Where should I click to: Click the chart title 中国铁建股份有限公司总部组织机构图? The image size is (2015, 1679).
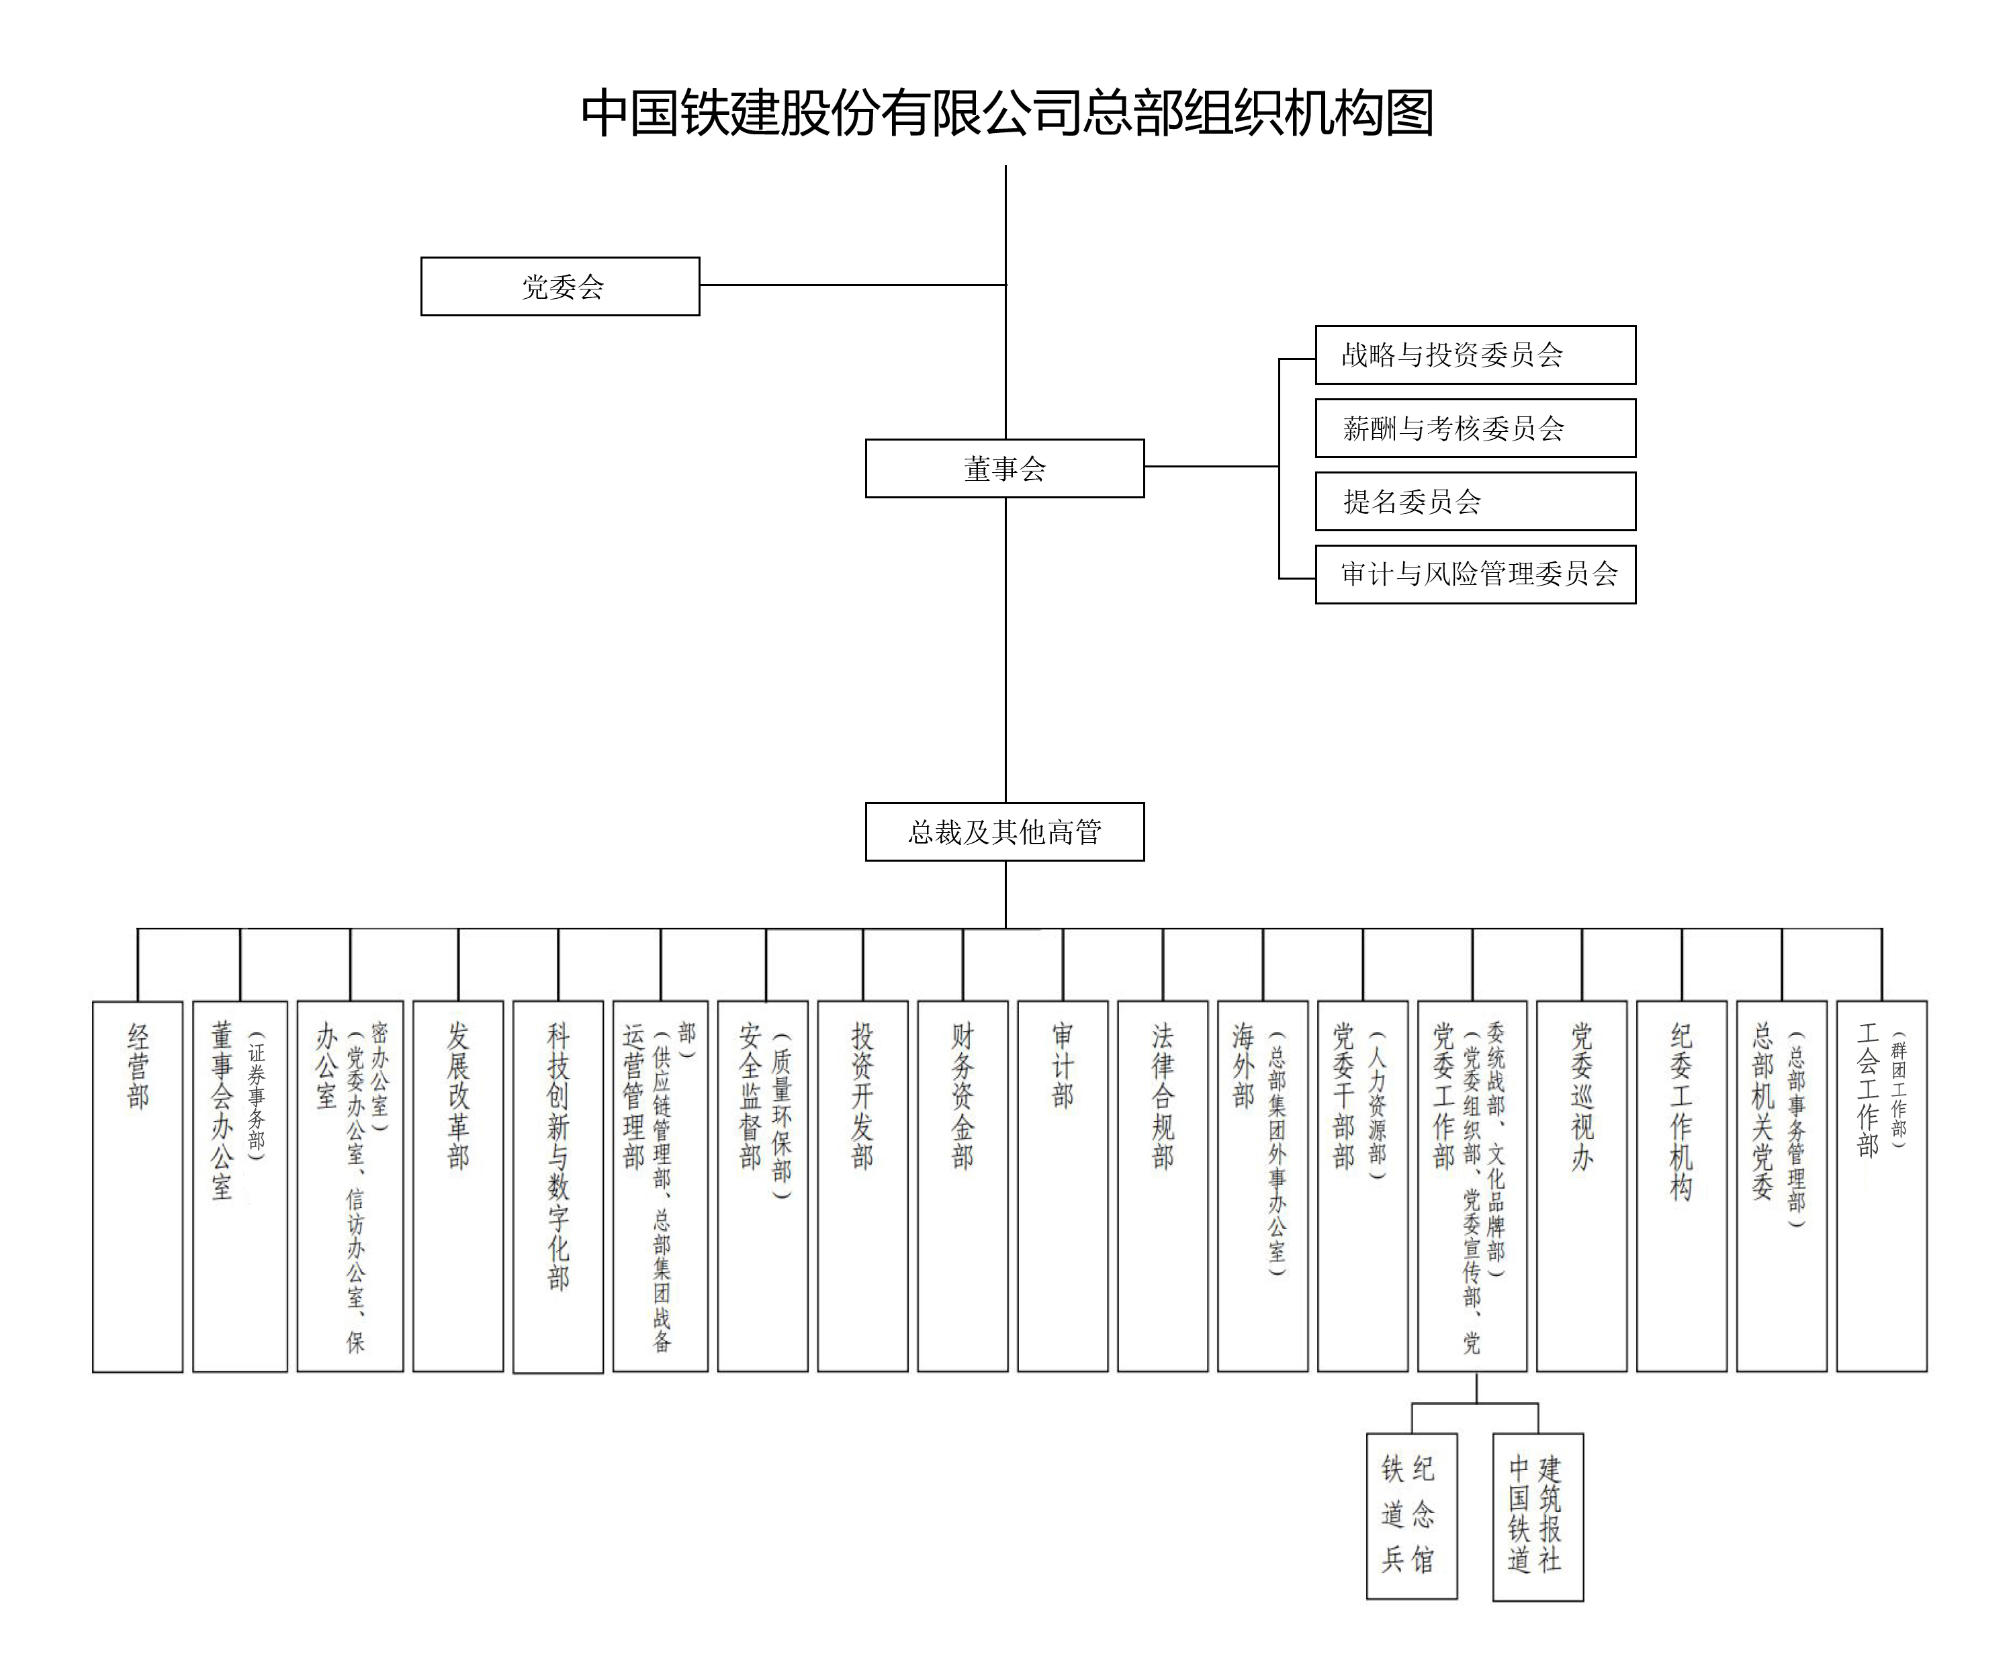1007,114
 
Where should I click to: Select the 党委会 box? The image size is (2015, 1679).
560,286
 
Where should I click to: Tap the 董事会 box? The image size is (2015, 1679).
1005,468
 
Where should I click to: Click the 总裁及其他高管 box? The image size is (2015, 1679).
1005,832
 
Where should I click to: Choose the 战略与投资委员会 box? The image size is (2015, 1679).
1475,355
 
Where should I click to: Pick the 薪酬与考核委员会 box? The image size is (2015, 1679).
1475,428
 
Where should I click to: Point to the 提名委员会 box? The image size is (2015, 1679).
1475,501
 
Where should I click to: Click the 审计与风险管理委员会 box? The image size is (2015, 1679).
1475,574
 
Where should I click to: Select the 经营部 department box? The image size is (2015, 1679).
137,1186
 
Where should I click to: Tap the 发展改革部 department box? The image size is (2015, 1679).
457,1186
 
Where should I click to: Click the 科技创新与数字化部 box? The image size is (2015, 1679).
557,1186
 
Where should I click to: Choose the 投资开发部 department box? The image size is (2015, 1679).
862,1186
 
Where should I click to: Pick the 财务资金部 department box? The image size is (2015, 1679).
962,1186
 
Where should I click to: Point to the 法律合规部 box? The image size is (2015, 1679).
1162,1186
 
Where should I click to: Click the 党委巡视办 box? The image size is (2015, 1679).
1581,1186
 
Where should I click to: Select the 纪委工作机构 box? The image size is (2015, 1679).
1681,1186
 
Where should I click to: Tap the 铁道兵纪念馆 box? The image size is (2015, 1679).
1411,1516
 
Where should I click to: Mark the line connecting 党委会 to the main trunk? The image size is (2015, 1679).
852,285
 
